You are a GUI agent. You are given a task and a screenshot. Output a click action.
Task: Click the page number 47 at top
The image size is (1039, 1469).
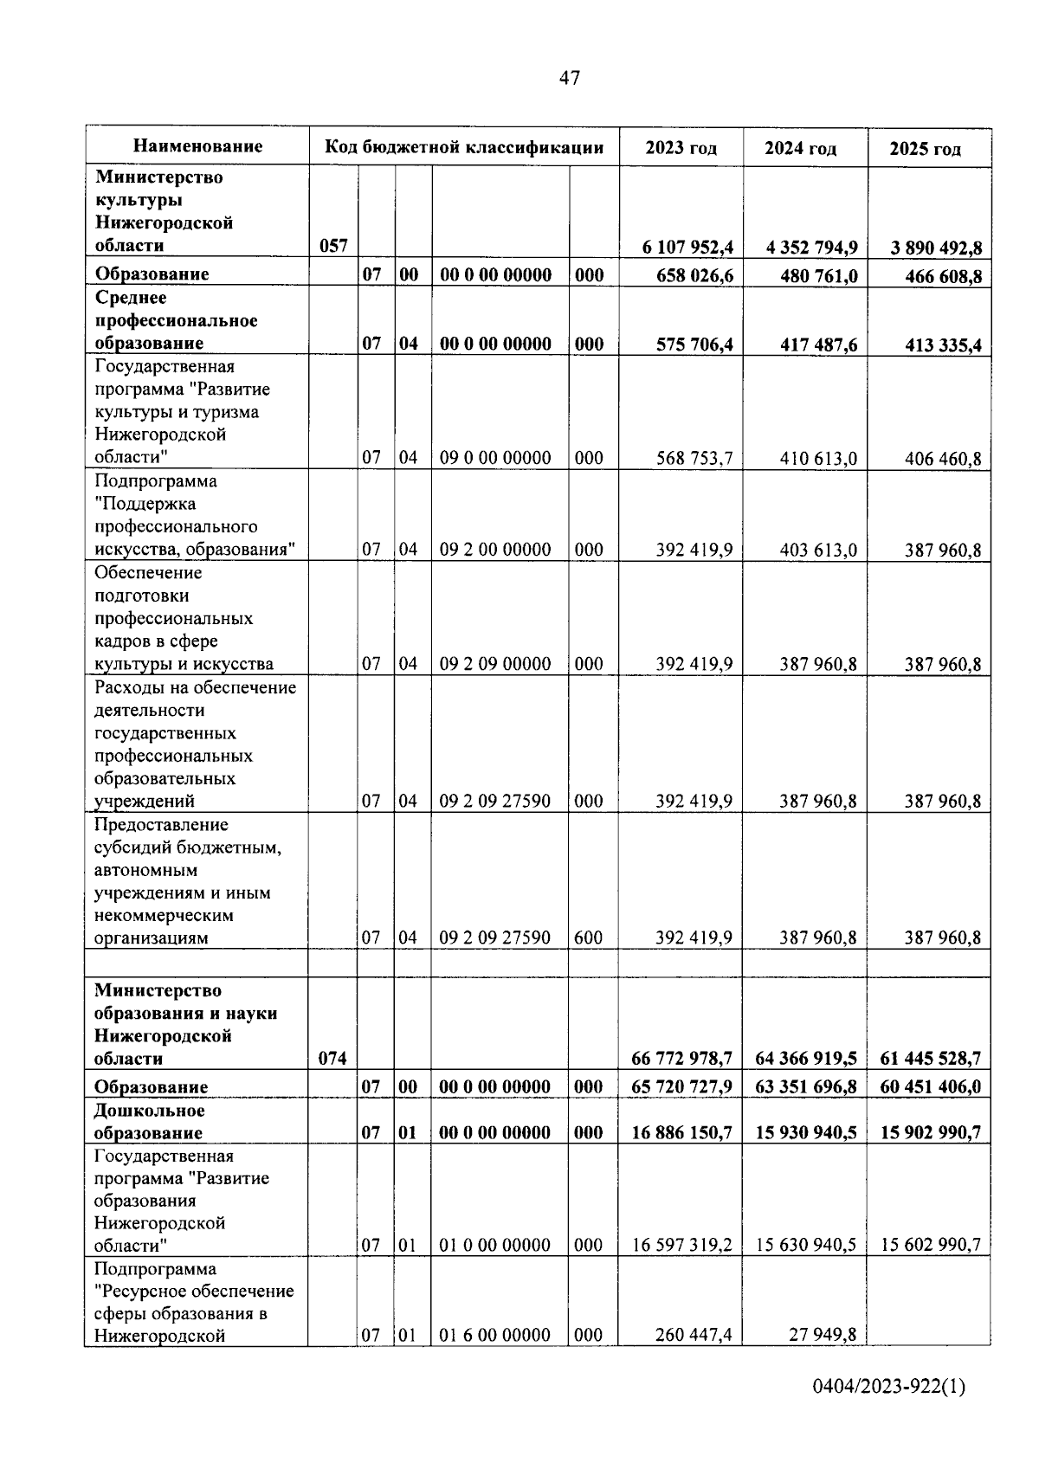(569, 79)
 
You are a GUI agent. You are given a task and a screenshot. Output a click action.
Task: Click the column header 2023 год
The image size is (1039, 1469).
(681, 148)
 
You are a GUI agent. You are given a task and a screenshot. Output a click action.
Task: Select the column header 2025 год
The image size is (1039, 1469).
(925, 149)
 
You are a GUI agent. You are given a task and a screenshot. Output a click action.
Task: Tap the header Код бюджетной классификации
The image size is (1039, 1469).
(464, 147)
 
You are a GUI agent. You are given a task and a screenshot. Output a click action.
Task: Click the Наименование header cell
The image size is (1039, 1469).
(198, 146)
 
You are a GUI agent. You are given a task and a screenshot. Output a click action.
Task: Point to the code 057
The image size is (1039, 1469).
(333, 247)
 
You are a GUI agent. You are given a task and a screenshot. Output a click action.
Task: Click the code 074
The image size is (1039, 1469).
(332, 1059)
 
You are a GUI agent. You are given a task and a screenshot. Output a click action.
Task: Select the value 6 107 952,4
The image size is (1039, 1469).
(687, 248)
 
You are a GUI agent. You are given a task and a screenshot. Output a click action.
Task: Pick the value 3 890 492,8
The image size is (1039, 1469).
(936, 248)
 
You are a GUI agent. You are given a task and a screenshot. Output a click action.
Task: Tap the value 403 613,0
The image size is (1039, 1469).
(817, 550)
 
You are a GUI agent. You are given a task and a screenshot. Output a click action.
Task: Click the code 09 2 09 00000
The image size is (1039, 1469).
(495, 664)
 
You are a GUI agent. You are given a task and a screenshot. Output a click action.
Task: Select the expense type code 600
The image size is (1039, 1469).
(589, 937)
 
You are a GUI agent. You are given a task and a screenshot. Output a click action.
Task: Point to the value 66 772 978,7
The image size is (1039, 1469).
(682, 1059)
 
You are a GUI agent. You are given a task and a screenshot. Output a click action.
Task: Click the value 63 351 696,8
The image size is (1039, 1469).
(806, 1086)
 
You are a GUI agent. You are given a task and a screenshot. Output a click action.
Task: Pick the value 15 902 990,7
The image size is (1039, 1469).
(931, 1132)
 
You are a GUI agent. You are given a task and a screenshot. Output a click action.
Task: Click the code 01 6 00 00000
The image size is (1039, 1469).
(495, 1335)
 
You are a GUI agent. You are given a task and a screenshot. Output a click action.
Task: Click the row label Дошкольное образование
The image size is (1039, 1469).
(150, 1122)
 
